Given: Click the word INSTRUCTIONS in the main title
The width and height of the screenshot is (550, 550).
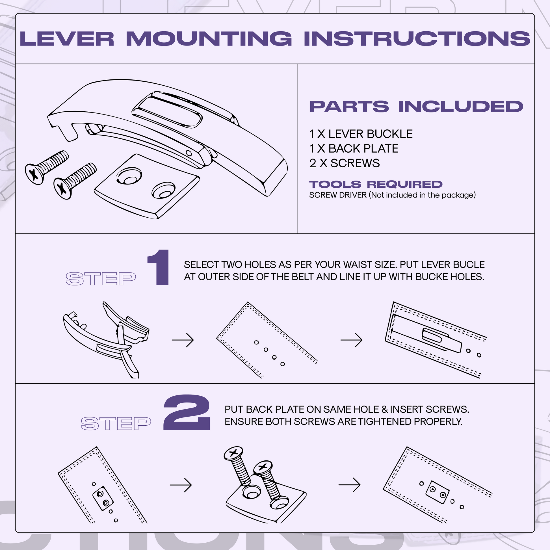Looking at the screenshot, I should (417, 39).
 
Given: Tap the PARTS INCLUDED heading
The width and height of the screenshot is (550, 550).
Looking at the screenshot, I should (416, 107).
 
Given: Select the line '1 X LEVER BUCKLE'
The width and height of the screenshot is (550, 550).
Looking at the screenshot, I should (361, 134).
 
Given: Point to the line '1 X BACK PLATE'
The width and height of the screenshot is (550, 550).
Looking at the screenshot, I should (354, 149).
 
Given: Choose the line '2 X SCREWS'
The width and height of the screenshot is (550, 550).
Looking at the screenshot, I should (344, 163).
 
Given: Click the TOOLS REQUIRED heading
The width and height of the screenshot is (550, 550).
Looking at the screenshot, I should (376, 184).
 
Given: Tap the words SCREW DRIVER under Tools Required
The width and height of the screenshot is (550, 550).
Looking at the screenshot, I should (338, 195).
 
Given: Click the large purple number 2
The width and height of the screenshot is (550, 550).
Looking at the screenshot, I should (187, 413).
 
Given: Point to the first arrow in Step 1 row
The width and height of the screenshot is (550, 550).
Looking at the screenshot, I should (183, 340).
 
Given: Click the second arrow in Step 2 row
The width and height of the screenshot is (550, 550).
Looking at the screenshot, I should (349, 485).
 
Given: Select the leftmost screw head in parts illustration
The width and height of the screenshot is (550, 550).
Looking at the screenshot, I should (34, 174).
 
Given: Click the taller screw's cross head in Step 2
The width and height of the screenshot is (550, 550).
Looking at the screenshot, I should (233, 453).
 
